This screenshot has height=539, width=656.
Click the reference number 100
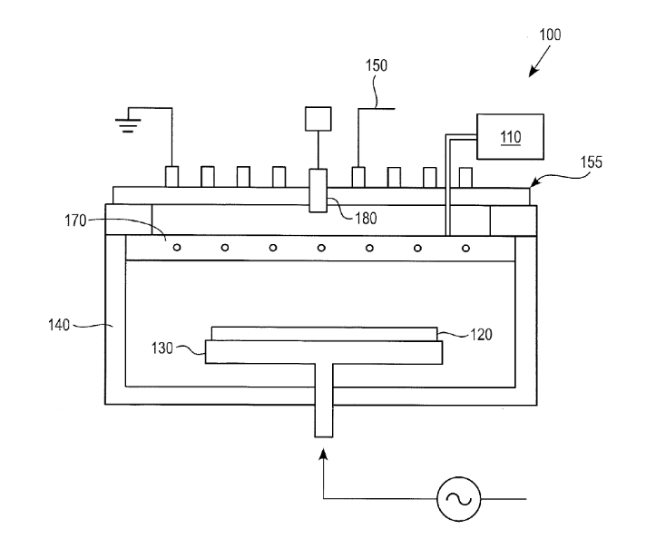550,34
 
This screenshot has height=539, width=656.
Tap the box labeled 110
511,136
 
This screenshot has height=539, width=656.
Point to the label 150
377,65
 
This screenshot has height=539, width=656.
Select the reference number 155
592,162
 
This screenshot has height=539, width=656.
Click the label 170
75,220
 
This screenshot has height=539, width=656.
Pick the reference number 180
366,218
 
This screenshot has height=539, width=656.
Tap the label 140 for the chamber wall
59,325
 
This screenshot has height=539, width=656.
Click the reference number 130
162,348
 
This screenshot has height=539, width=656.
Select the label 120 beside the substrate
481,334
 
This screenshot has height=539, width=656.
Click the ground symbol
128,125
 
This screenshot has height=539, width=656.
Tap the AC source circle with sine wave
459,499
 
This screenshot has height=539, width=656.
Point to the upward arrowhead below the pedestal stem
323,454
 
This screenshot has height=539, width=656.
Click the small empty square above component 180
318,119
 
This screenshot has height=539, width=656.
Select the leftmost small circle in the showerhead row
177,248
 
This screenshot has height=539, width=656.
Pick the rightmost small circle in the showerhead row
465,249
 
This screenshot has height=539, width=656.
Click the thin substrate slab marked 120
324,334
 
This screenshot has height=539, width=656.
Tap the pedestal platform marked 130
323,352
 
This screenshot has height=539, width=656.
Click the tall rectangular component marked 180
318,191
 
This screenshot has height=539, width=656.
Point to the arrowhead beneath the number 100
533,72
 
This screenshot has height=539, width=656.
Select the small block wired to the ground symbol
172,177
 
